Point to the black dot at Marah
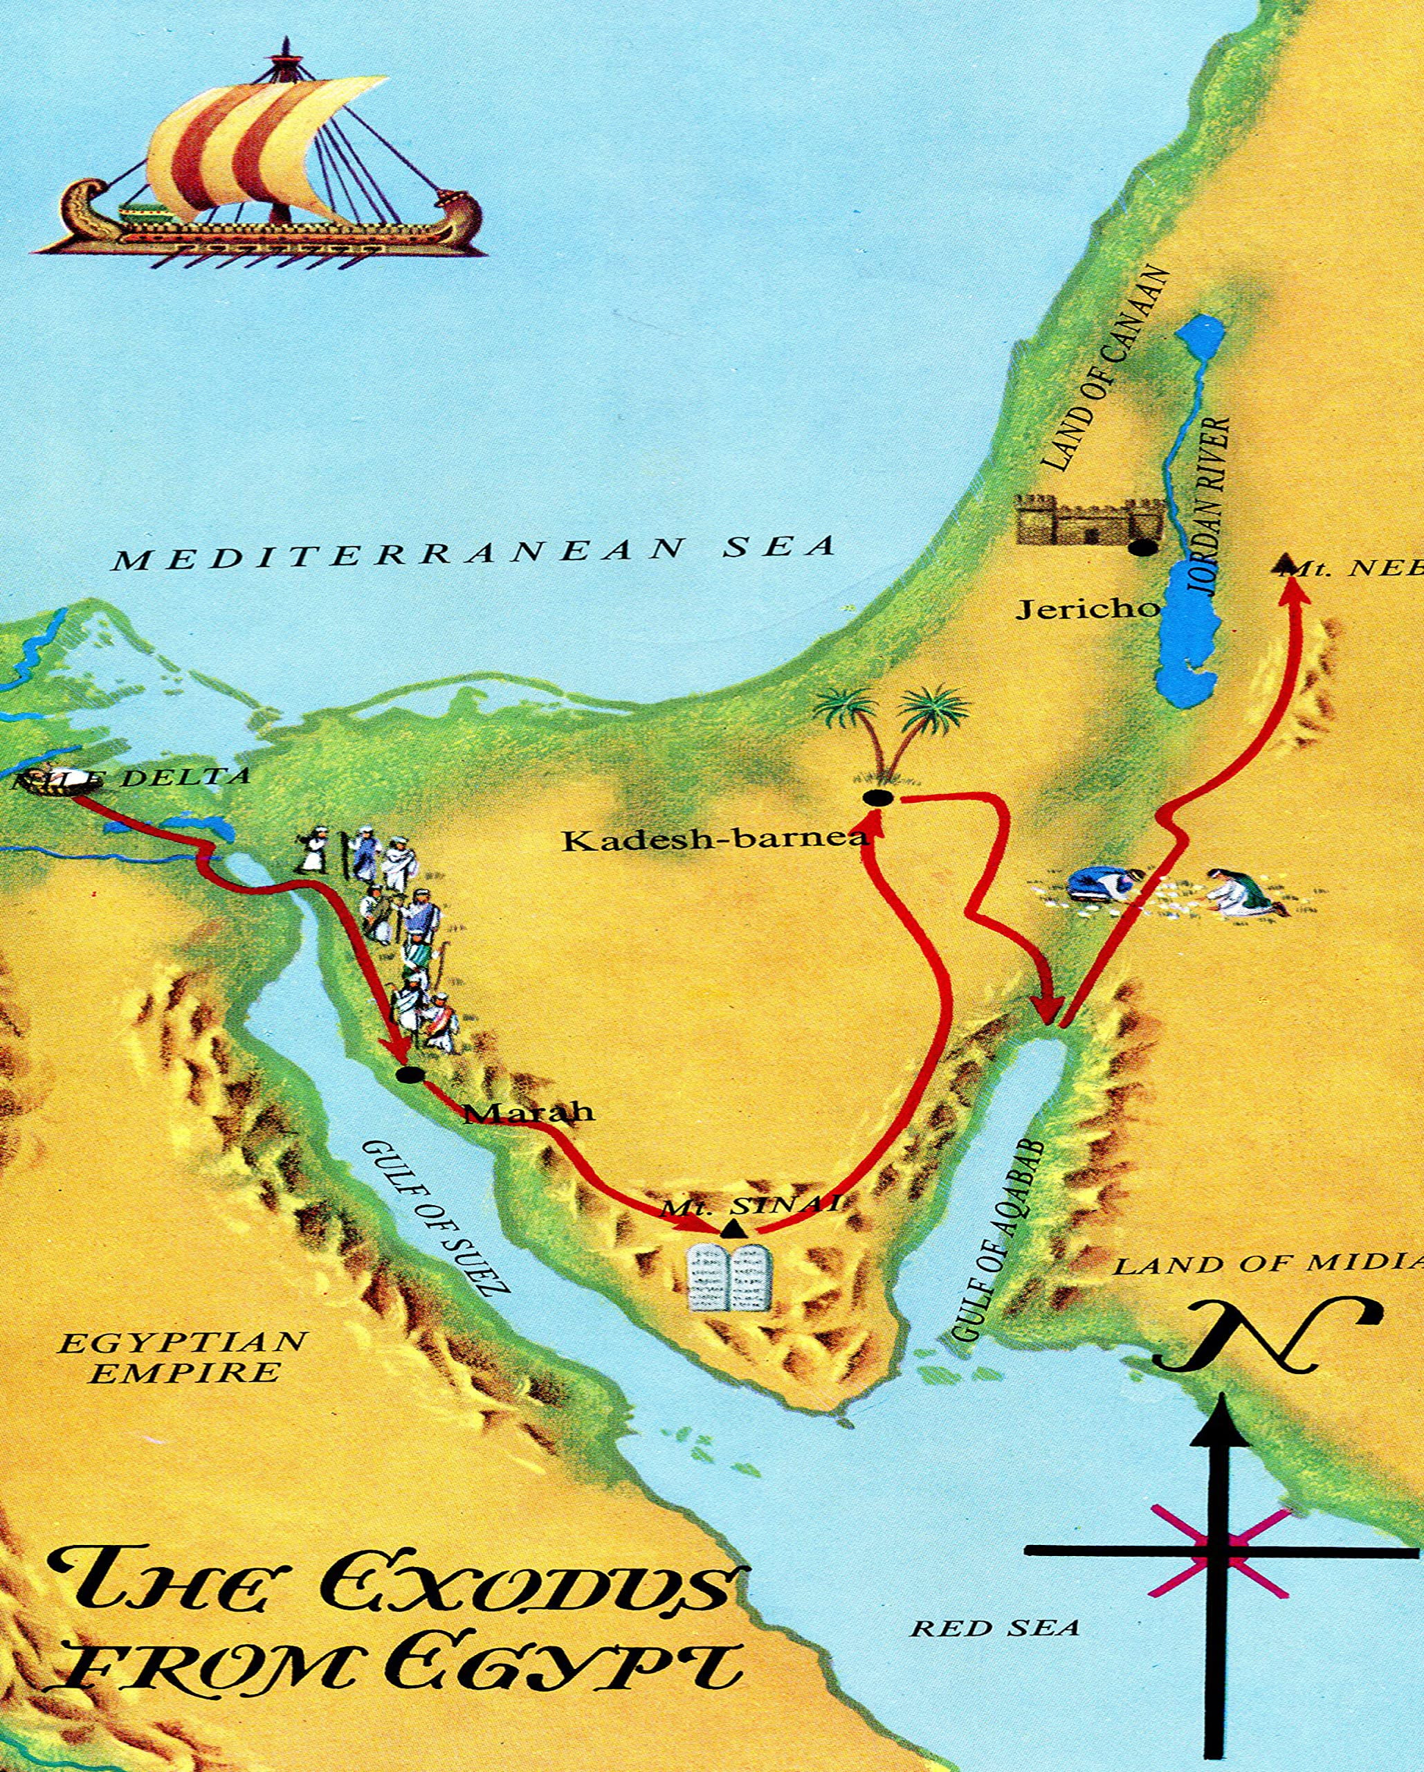click(x=408, y=1075)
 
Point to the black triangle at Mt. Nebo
click(x=1284, y=564)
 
